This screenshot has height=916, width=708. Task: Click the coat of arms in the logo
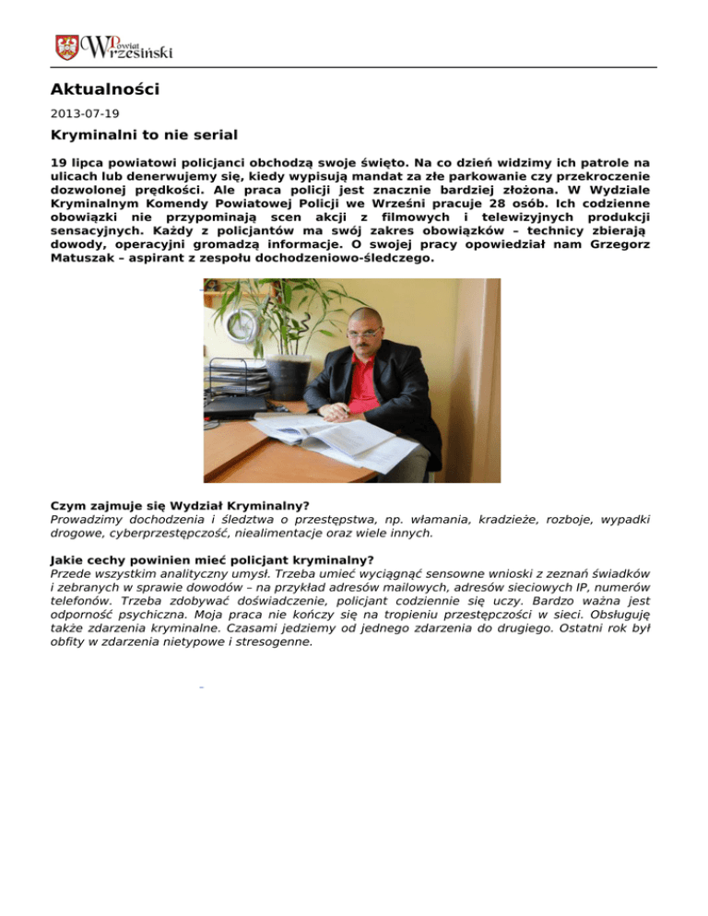coord(67,47)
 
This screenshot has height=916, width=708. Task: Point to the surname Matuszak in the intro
coord(82,260)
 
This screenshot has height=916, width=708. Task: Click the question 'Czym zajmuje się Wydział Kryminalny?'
coord(179,505)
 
